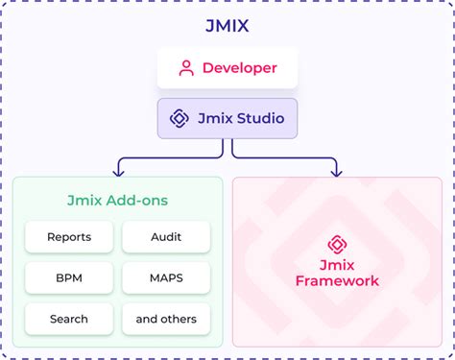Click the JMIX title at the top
click(227, 26)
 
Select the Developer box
click(227, 68)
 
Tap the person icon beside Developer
click(186, 68)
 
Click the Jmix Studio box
click(227, 118)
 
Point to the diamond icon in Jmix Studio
click(180, 118)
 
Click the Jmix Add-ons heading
click(117, 200)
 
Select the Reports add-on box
click(69, 237)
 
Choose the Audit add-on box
click(166, 237)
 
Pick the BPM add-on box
click(69, 277)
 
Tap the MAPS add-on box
click(166, 277)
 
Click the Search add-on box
click(69, 318)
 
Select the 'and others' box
click(166, 318)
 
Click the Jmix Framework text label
click(337, 273)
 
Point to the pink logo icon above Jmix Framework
click(337, 244)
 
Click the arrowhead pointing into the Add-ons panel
click(117, 172)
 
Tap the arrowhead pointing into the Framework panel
click(337, 172)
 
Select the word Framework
click(337, 281)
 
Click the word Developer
click(239, 68)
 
